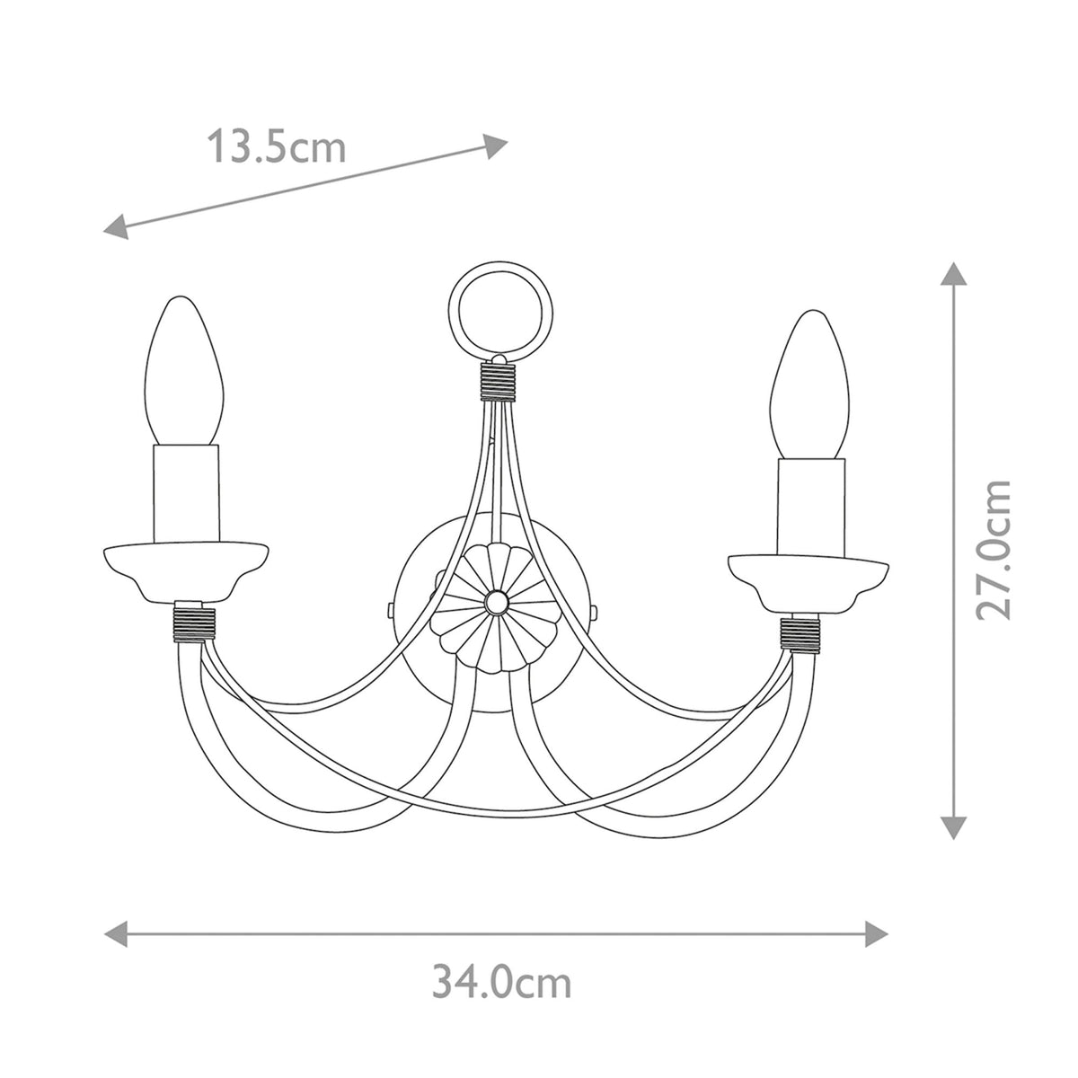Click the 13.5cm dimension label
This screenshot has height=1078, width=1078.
click(277, 146)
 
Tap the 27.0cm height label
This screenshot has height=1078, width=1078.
click(994, 549)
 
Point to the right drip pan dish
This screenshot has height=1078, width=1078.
click(809, 581)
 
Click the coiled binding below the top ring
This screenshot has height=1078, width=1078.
click(494, 380)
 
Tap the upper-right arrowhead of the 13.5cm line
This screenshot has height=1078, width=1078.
click(497, 145)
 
